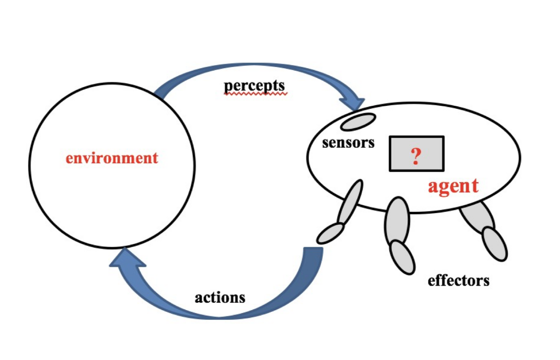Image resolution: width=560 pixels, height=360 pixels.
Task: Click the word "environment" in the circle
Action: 112,158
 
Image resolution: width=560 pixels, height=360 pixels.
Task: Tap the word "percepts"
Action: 254,86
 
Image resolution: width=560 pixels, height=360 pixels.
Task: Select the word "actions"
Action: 220,298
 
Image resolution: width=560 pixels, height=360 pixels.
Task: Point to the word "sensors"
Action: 348,143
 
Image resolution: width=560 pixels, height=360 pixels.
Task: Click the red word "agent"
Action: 453,186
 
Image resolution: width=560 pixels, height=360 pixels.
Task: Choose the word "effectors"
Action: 458,280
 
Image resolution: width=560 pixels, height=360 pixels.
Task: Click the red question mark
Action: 416,156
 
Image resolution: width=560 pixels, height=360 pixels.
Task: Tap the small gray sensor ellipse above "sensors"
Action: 358,122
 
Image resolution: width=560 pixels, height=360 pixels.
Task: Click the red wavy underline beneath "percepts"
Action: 254,94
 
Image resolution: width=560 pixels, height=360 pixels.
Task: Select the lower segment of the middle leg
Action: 402,258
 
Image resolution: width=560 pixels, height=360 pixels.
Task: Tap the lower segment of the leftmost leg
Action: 330,233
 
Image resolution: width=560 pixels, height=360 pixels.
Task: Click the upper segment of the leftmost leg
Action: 350,202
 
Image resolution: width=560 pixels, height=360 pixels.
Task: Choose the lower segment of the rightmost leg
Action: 495,244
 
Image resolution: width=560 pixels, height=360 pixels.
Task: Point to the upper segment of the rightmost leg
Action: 477,216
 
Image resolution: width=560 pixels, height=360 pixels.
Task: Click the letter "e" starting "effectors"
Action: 431,281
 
